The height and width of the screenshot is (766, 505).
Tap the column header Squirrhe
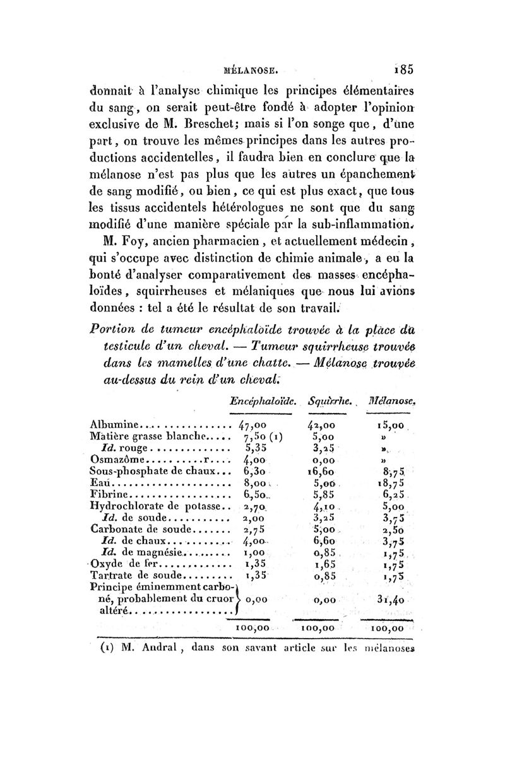(324, 400)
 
